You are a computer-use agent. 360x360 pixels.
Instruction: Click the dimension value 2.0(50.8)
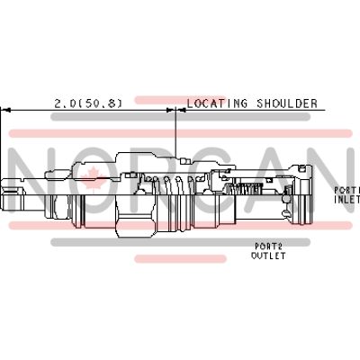pyautogui.click(x=88, y=103)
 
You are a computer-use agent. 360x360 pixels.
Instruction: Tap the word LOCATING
pyautogui.click(x=217, y=103)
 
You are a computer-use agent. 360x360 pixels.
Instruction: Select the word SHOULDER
pyautogui.click(x=287, y=103)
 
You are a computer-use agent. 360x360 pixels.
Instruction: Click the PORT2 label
pyautogui.click(x=268, y=247)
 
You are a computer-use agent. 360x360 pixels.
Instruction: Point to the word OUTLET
pyautogui.click(x=268, y=256)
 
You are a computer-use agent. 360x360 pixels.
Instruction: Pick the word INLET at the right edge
pyautogui.click(x=347, y=199)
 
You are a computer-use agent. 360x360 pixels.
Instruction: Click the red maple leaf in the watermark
pyautogui.click(x=90, y=179)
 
